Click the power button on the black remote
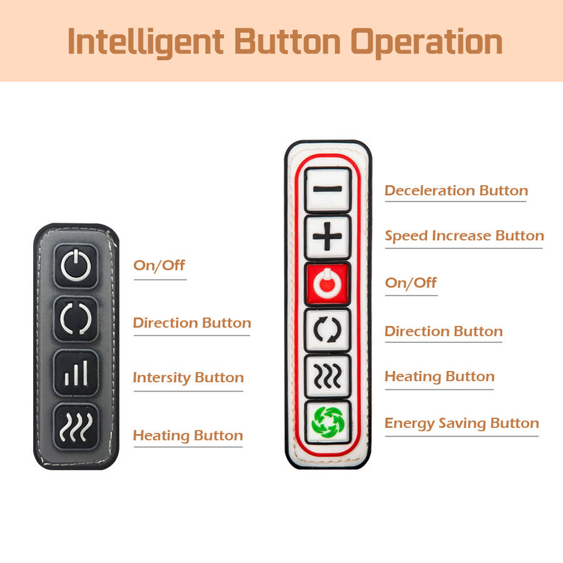pyautogui.click(x=76, y=266)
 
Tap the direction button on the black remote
pyautogui.click(x=76, y=319)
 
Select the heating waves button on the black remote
pyautogui.click(x=76, y=426)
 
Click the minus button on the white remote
pyautogui.click(x=327, y=189)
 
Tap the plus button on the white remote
pyautogui.click(x=327, y=236)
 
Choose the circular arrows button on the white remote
pyautogui.click(x=327, y=329)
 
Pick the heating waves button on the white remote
pyautogui.click(x=327, y=377)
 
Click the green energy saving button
pyautogui.click(x=327, y=422)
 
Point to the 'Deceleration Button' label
pyautogui.click(x=456, y=190)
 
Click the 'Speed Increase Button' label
pyautogui.click(x=464, y=236)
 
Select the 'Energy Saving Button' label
pyautogui.click(x=462, y=424)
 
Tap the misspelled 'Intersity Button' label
pyautogui.click(x=188, y=378)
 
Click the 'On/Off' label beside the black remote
pyautogui.click(x=159, y=265)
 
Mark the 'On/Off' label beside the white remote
pyautogui.click(x=411, y=283)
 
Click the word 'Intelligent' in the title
pyautogui.click(x=146, y=43)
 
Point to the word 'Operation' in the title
pyautogui.click(x=427, y=43)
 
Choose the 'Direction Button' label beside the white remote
pyautogui.click(x=444, y=331)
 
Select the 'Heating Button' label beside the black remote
pyautogui.click(x=188, y=435)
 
